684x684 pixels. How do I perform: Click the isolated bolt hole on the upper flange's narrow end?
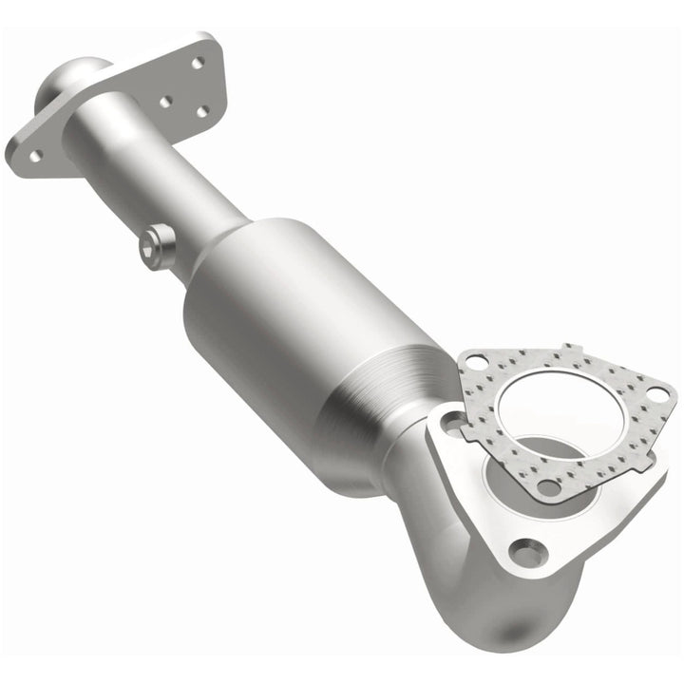(x=35, y=154)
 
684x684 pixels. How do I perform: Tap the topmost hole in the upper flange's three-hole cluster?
(x=198, y=64)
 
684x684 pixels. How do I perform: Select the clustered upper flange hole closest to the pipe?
(x=164, y=100)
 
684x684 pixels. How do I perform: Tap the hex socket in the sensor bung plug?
(x=147, y=249)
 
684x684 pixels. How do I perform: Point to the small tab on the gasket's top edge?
(x=568, y=349)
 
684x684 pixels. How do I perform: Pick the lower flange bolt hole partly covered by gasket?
(x=449, y=422)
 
